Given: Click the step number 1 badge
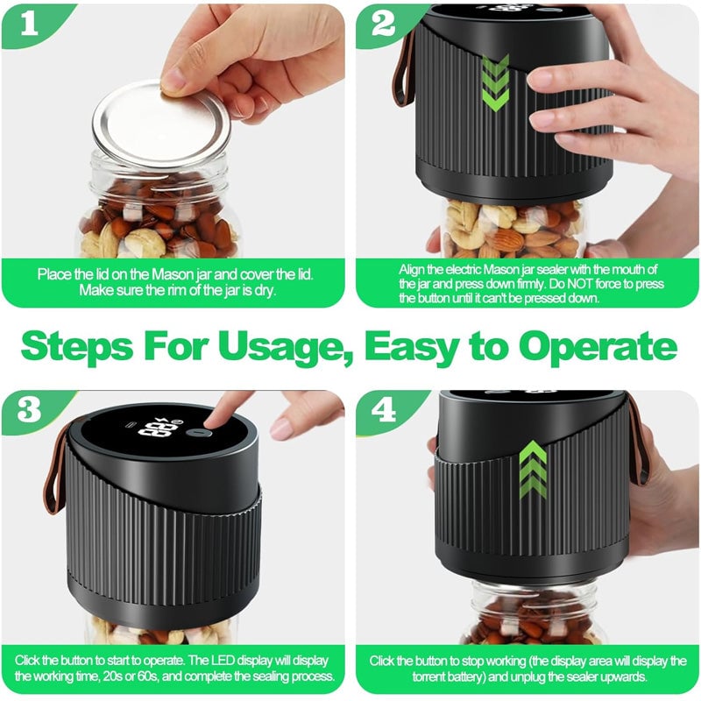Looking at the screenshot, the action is (x=30, y=25).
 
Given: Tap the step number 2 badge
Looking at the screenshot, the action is (x=383, y=25).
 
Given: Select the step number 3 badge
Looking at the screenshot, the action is (x=30, y=410).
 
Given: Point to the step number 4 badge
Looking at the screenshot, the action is (x=383, y=410).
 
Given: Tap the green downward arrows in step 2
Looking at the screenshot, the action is (x=496, y=82).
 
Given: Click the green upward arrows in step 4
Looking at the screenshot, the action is (x=533, y=470).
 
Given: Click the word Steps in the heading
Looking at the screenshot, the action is (x=77, y=346).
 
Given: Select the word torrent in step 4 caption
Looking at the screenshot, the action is (x=429, y=676).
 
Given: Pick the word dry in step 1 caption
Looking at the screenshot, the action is (x=265, y=291).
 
